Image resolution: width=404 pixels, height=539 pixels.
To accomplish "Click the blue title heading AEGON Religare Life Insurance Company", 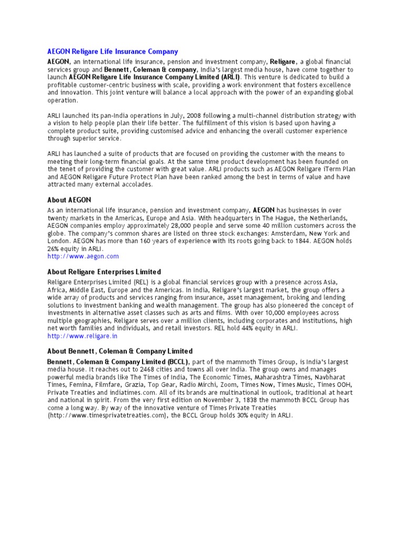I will pyautogui.click(x=113, y=52).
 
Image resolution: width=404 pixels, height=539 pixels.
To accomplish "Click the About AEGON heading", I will pyautogui.click(x=69, y=200).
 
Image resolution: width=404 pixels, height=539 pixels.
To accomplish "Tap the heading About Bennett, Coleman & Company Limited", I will pyautogui.click(x=120, y=351).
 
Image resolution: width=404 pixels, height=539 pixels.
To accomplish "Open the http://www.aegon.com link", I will pyautogui.click(x=83, y=256).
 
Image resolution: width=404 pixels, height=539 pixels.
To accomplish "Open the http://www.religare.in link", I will pyautogui.click(x=83, y=336).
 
